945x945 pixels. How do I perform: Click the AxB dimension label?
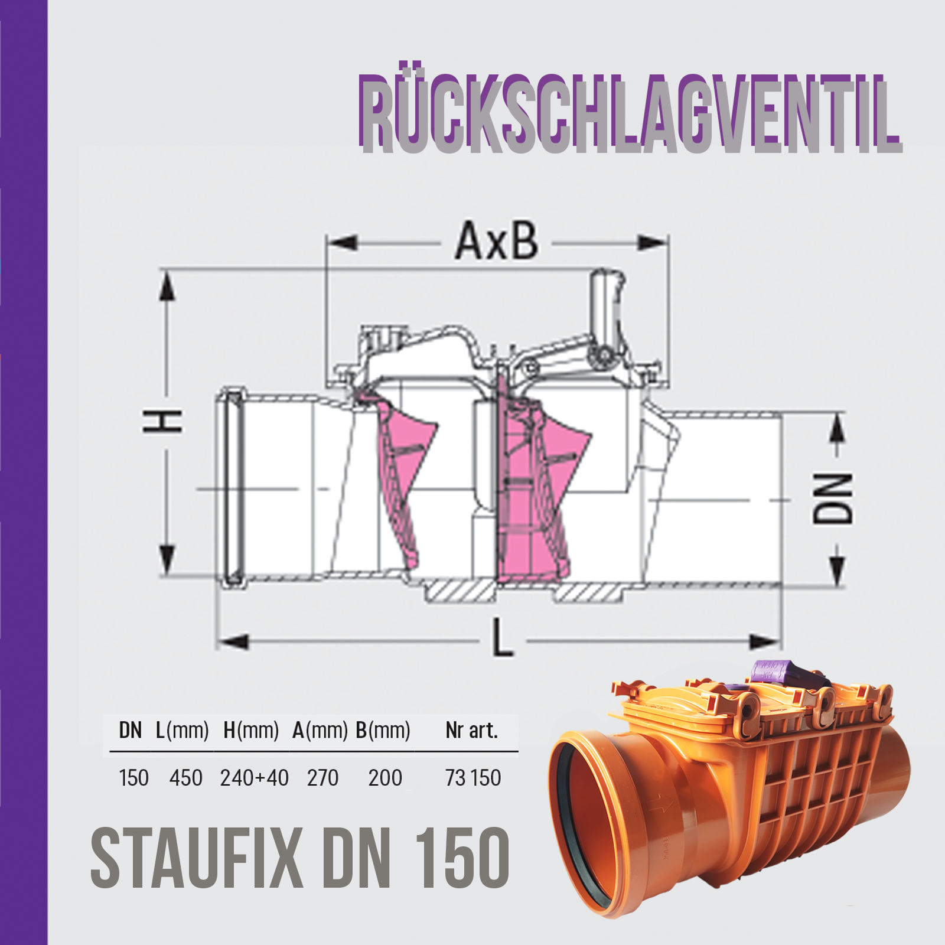(x=496, y=241)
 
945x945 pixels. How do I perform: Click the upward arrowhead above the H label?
(x=168, y=289)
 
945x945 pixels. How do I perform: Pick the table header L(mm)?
(x=183, y=731)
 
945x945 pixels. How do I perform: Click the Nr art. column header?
(x=471, y=731)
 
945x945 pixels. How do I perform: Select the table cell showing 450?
(x=185, y=778)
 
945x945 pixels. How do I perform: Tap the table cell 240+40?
(x=254, y=778)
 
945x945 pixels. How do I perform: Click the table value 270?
(x=322, y=778)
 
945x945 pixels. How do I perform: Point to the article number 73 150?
(x=472, y=778)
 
